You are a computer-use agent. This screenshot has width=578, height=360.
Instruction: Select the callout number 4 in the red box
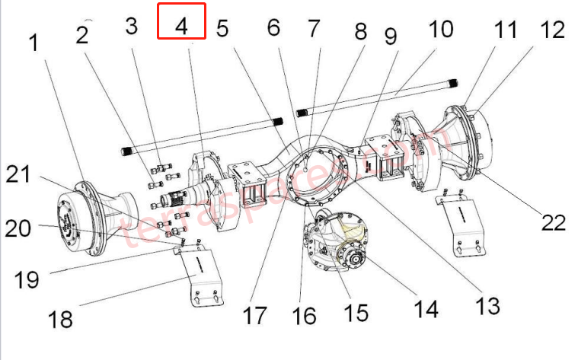tap(181, 26)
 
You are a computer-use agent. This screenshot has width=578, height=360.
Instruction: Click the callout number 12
tap(553, 30)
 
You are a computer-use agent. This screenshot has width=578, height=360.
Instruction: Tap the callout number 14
tap(426, 308)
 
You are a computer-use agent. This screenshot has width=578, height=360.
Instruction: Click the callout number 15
tap(355, 312)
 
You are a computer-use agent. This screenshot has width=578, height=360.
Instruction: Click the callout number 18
tap(60, 317)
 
